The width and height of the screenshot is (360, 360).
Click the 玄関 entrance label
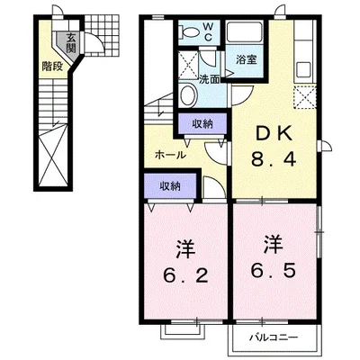(x=70, y=42)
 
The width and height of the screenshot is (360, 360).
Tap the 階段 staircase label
(x=51, y=66)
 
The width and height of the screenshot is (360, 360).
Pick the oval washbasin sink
(x=188, y=96)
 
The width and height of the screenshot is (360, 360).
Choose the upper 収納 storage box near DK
(x=202, y=125)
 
